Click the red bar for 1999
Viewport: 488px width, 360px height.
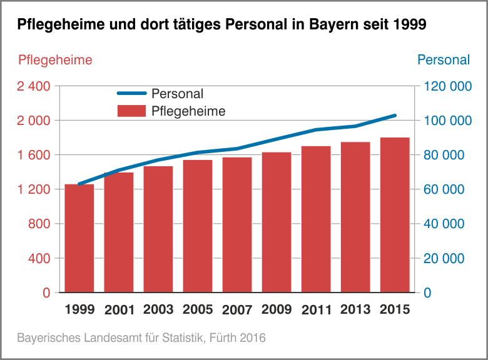pos(79,238)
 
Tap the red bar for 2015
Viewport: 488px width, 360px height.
pos(395,215)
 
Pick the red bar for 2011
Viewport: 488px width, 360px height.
pos(316,219)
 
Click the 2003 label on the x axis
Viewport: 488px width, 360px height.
pos(158,309)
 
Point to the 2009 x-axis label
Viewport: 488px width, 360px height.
pos(277,309)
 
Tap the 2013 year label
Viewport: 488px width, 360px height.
pos(355,309)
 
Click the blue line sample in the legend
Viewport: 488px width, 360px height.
pos(131,94)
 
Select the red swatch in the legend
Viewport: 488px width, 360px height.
pos(131,111)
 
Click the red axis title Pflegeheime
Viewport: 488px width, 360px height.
pos(55,60)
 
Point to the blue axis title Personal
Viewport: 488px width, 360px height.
pos(443,60)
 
